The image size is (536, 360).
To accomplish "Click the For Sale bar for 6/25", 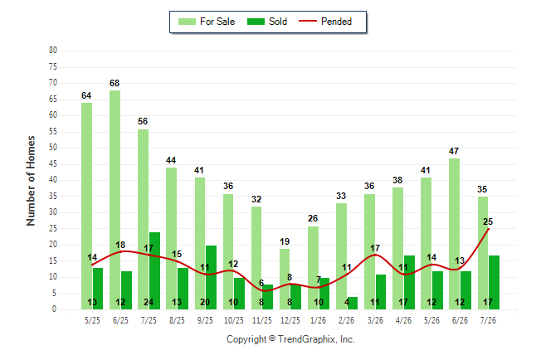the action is click(115, 200).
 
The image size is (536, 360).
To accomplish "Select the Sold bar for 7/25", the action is click(154, 270).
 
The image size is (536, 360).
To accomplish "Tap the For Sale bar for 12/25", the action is click(285, 279).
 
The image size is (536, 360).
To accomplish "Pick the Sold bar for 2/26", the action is click(352, 304).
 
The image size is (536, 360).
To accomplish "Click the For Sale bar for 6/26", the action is click(455, 234).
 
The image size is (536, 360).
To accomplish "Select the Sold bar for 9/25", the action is click(211, 277).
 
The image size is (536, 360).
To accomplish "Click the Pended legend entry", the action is click(325, 22).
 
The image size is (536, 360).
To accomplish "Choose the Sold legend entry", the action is click(267, 22).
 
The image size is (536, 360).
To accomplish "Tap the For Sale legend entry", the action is click(207, 22).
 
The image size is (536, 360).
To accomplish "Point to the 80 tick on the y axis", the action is click(52, 51).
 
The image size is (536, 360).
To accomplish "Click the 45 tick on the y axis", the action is click(52, 163).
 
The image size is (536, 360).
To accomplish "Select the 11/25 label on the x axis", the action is click(262, 320).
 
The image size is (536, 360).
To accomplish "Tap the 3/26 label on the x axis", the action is click(375, 320).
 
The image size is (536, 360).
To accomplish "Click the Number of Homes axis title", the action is click(31, 181).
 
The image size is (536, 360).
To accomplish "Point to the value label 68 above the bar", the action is click(115, 83).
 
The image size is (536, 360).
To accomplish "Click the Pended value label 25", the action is click(488, 221).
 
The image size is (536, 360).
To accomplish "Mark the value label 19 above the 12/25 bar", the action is click(285, 241).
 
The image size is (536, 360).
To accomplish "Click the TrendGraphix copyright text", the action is click(290, 339).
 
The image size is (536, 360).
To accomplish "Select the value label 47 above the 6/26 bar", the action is click(454, 151).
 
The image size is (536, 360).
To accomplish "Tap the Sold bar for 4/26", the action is click(409, 282).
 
